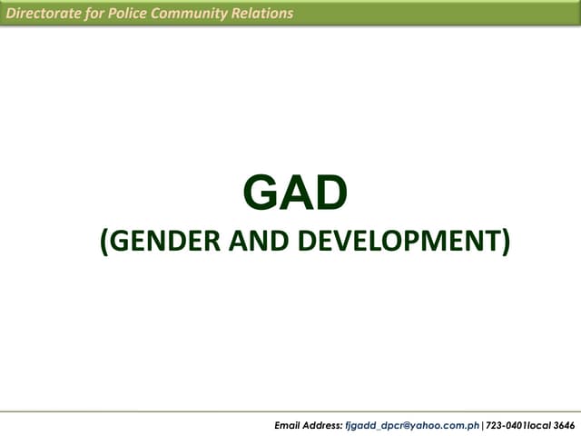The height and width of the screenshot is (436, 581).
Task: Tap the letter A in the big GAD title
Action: tap(296, 193)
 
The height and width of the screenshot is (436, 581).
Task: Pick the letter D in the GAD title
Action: tap(330, 193)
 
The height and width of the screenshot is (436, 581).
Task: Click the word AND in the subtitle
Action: tap(240, 242)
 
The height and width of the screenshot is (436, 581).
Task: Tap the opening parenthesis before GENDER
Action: tap(103, 243)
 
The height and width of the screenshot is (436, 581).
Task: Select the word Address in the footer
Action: tap(323, 425)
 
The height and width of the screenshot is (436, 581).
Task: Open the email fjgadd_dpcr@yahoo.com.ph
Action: tap(412, 425)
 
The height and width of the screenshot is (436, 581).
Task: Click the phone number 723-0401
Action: tap(505, 425)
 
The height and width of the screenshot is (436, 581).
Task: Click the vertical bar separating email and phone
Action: tap(482, 425)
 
